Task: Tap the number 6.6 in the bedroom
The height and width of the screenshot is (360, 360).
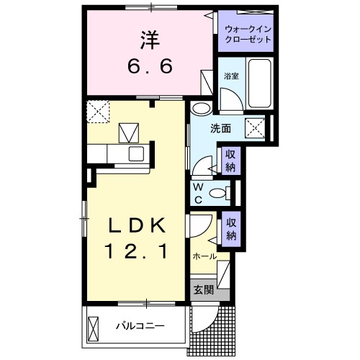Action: pyautogui.click(x=150, y=66)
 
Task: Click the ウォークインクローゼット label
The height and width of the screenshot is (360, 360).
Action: pyautogui.click(x=248, y=34)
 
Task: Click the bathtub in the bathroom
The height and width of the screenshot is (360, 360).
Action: pyautogui.click(x=261, y=85)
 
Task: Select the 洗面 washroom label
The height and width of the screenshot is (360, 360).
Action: pyautogui.click(x=220, y=129)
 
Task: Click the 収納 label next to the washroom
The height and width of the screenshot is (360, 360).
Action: pyautogui.click(x=230, y=161)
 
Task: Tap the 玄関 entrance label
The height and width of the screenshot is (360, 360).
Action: pyautogui.click(x=203, y=290)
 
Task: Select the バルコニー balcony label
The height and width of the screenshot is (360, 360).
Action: pyautogui.click(x=140, y=326)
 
